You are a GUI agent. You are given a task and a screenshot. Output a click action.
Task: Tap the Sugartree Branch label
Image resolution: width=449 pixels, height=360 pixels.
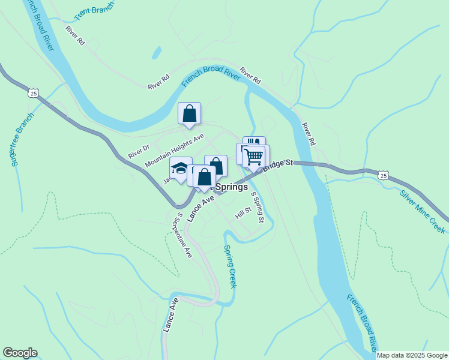point(20,139)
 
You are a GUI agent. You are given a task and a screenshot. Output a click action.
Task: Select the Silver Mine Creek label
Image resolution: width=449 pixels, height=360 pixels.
point(423,211)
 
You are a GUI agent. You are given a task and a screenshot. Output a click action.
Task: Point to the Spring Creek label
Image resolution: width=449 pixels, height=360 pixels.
point(230,266)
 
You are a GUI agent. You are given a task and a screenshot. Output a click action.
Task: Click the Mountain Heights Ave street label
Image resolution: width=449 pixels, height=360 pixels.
point(175,151)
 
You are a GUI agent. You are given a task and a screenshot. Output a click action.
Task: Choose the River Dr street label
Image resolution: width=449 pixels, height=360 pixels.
point(138,151)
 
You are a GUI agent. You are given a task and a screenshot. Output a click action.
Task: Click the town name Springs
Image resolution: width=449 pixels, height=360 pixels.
point(231,187)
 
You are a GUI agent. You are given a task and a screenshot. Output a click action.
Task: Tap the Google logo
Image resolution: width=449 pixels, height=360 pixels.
point(20,353)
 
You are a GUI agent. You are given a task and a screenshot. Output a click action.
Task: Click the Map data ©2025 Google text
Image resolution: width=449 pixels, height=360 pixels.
point(412,355)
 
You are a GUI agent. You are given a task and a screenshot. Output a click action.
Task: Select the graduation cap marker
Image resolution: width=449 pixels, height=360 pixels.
point(180,169)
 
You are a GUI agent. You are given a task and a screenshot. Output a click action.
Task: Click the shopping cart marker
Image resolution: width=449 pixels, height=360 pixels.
point(254,157)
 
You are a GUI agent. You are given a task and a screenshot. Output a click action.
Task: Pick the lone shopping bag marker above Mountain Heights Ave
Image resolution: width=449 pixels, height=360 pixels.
point(189,112)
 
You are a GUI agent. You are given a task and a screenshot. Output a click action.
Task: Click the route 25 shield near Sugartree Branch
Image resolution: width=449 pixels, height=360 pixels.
point(33,93)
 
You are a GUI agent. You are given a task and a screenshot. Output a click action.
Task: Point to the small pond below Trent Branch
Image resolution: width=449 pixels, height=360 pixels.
point(157,53)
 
